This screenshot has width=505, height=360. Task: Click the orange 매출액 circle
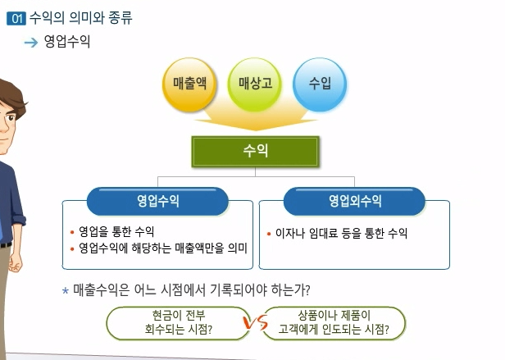(x=189, y=84)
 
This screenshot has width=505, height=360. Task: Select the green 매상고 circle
(x=254, y=84)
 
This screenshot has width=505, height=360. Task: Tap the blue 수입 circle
(x=319, y=84)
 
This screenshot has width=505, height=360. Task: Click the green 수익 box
(x=255, y=152)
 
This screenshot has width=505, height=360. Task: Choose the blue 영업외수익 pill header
(x=354, y=200)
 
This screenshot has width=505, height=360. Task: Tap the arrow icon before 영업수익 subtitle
(x=32, y=42)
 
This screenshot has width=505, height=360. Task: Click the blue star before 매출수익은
(x=66, y=290)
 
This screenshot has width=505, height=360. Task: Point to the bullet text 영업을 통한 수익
(x=116, y=232)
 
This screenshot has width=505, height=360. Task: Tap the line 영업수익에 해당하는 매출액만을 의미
(x=161, y=248)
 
